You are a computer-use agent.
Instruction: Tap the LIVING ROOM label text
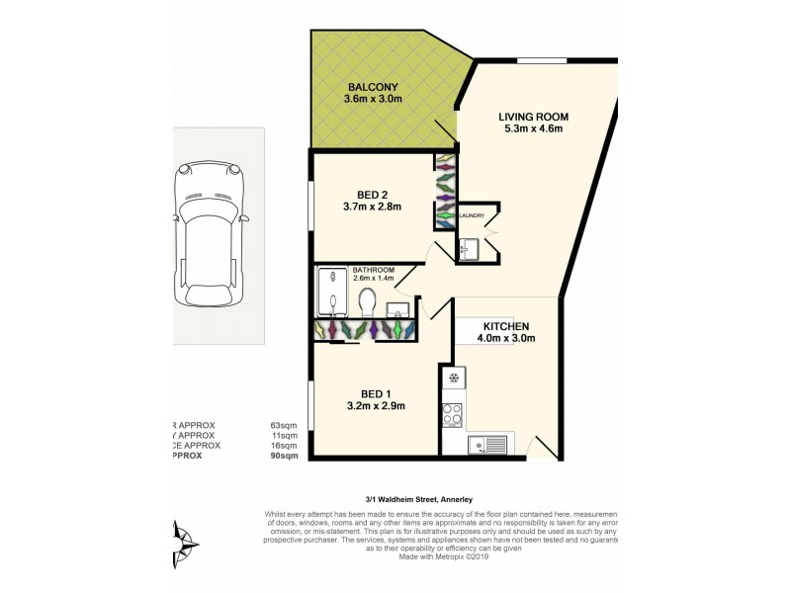point(533,117)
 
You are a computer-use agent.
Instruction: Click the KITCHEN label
point(506,326)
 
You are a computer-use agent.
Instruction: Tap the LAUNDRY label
point(470,215)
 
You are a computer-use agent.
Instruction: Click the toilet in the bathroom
point(367,300)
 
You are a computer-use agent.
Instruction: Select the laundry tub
point(468,249)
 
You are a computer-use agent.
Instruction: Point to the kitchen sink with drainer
point(487,446)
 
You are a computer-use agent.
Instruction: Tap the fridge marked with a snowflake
point(453,379)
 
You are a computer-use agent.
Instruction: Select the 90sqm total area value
point(284,456)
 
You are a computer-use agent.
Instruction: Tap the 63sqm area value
point(284,425)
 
